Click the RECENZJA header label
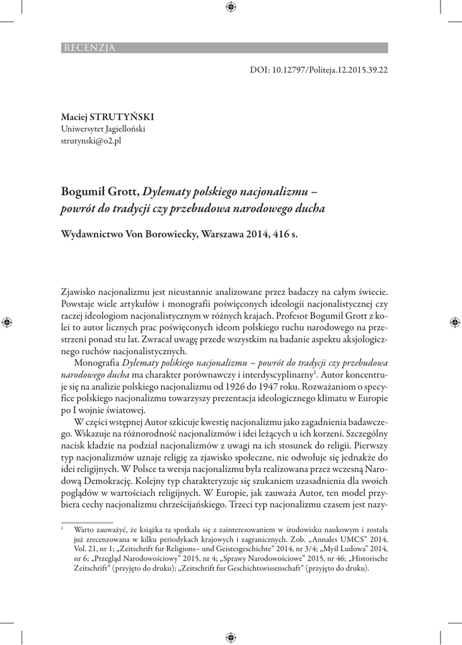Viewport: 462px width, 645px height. point(88,48)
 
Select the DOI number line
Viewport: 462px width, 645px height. point(318,70)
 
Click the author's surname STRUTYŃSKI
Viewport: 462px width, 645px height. point(123,117)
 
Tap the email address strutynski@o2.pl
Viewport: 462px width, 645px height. point(91,140)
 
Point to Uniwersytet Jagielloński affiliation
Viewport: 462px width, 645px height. point(103,128)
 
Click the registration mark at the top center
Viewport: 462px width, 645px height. point(231,8)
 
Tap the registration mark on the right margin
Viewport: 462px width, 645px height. point(454,322)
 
